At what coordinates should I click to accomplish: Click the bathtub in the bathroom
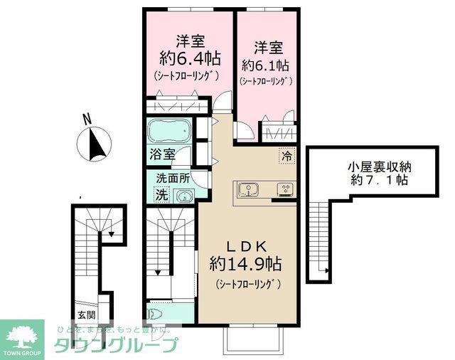(x=169, y=132)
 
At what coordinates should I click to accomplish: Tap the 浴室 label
(x=161, y=154)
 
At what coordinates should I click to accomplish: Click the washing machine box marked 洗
(x=161, y=194)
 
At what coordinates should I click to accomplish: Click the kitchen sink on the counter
(x=250, y=189)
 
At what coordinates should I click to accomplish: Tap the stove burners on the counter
(x=286, y=189)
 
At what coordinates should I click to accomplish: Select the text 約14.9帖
(x=246, y=265)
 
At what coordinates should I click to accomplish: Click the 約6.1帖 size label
(x=265, y=65)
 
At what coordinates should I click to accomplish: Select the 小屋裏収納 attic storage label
(x=378, y=166)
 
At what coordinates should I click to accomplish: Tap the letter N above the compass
(x=86, y=119)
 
